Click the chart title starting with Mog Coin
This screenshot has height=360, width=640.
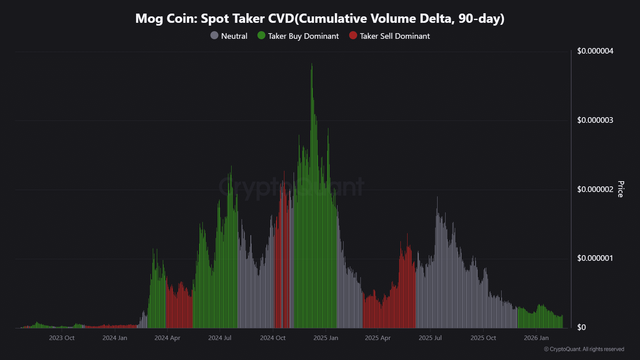pos(320,18)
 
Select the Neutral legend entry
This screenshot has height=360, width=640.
pos(234,36)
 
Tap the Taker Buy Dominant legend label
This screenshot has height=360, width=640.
pos(303,36)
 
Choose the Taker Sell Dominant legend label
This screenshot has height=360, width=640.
pos(395,36)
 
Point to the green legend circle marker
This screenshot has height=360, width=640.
pos(261,36)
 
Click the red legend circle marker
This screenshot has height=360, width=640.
pos(353,36)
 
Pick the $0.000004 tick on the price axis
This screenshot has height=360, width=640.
pos(595,51)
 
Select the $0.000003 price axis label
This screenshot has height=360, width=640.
pos(595,120)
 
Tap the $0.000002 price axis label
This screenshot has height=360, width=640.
pos(595,189)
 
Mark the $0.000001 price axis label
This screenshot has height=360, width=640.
pos(595,258)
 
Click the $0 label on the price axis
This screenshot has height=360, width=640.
pos(581,327)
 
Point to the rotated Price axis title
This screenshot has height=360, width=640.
pos(620,189)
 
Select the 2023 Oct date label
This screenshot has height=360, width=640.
pos(62,338)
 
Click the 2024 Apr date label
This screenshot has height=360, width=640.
pos(167,338)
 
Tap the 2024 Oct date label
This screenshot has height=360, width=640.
pos(273,338)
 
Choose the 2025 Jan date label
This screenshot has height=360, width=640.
pos(326,338)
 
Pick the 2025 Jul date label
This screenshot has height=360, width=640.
pos(430,338)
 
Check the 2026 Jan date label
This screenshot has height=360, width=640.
pos(536,338)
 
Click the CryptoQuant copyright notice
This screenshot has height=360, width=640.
pos(584,349)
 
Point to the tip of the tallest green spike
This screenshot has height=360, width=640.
pos(312,64)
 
